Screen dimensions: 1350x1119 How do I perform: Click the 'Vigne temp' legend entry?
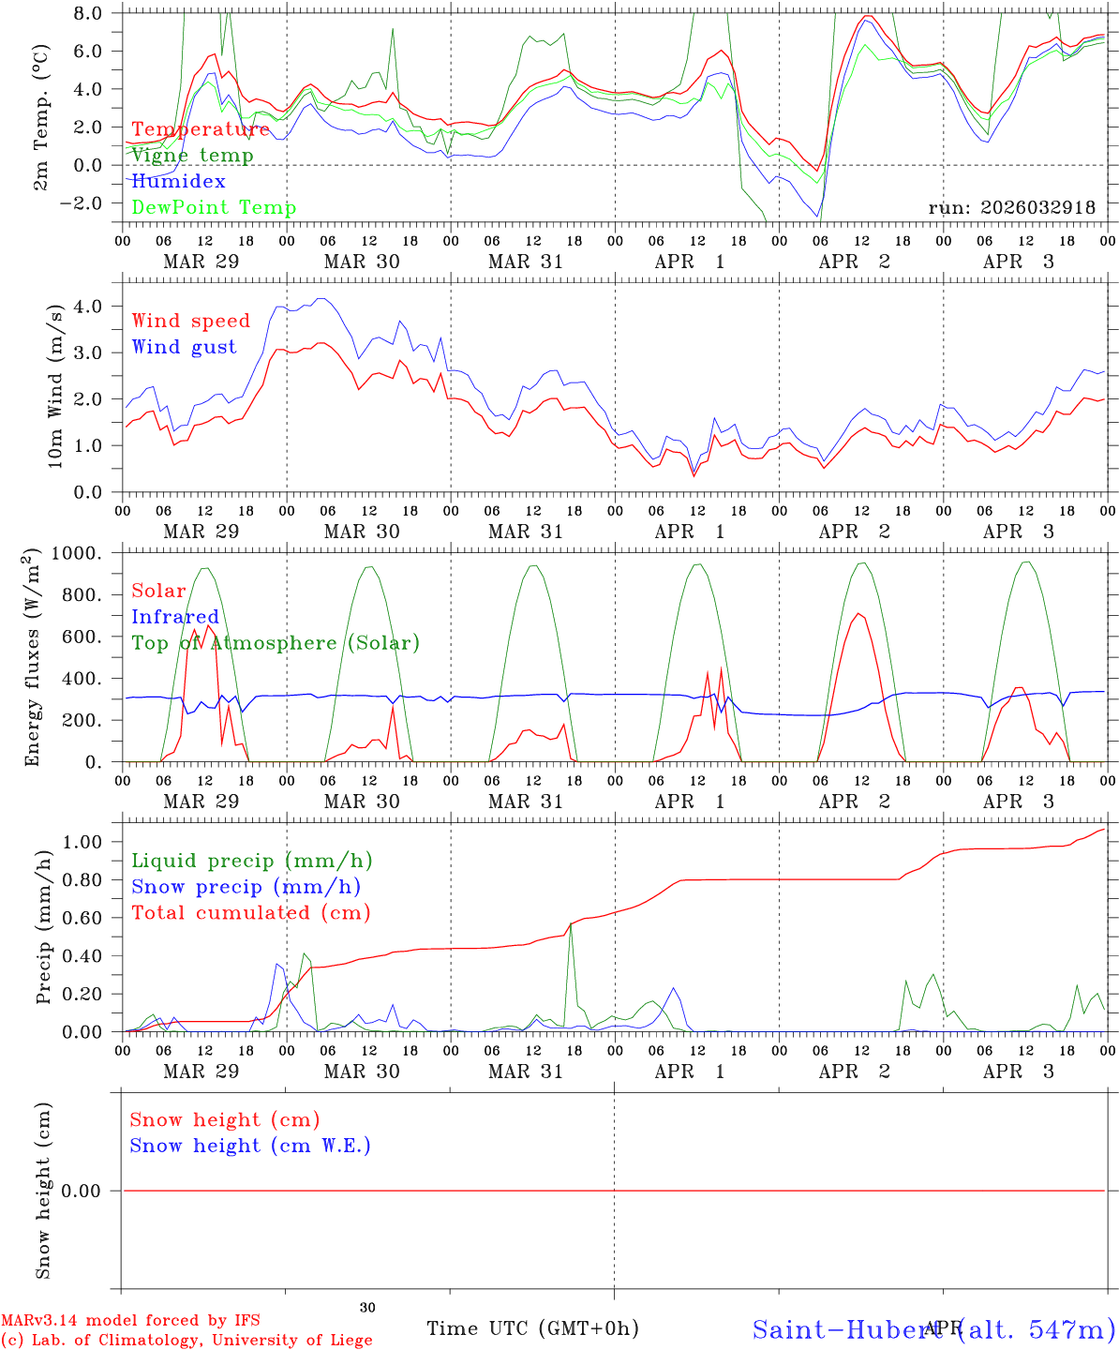(x=192, y=156)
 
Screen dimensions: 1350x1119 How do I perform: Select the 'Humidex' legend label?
(x=178, y=181)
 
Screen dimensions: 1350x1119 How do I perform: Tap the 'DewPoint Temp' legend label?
(x=214, y=207)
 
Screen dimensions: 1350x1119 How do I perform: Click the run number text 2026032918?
(x=1011, y=208)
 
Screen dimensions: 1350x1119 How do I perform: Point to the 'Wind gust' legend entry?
(x=184, y=347)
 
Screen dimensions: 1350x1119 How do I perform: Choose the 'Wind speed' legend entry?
(x=191, y=321)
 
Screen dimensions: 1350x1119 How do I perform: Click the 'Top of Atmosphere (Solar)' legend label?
(x=275, y=643)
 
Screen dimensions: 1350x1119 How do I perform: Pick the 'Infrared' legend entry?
(x=175, y=617)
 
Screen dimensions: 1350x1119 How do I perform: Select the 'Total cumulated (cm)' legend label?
(x=251, y=912)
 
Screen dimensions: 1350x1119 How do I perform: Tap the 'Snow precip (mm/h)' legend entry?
(x=246, y=887)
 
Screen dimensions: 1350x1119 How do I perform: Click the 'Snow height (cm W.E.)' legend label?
(x=250, y=1146)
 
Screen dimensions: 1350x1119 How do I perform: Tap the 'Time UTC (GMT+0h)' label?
(x=532, y=1328)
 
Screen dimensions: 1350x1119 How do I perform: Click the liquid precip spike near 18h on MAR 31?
(x=571, y=926)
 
